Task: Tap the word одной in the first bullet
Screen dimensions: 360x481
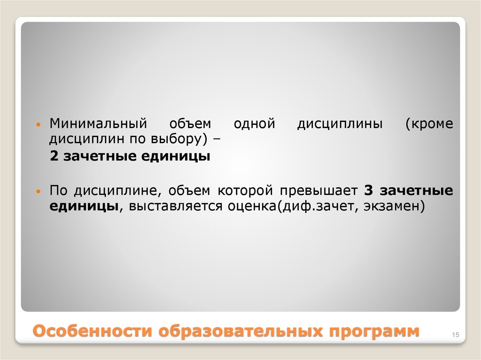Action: (x=254, y=124)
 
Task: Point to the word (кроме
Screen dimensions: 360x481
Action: (x=430, y=124)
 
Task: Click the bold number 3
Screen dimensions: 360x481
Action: (x=368, y=191)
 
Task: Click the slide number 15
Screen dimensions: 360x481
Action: (x=455, y=334)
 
